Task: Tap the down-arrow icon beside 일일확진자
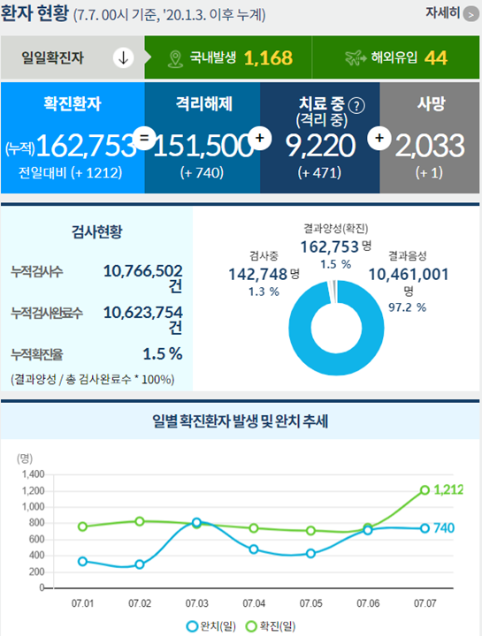point(122,58)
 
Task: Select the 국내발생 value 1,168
point(268,58)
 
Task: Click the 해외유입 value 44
point(435,58)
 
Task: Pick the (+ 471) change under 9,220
point(319,172)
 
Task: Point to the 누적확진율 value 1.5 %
point(163,353)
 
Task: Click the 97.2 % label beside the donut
point(409,307)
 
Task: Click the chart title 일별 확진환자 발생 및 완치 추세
point(241,420)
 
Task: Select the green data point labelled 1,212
point(425,490)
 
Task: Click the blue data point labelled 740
point(425,528)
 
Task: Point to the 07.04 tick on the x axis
point(254,603)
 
